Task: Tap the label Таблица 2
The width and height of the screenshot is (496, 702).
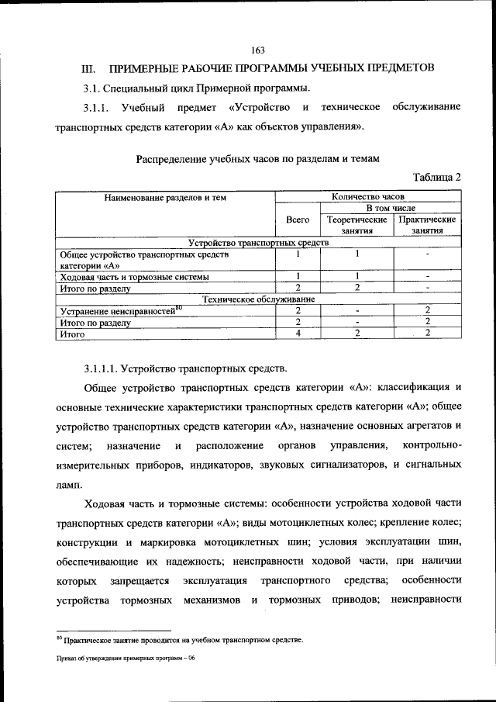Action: (x=437, y=177)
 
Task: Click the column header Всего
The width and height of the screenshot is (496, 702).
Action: (x=298, y=220)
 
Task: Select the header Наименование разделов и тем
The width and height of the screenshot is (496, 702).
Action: (x=165, y=198)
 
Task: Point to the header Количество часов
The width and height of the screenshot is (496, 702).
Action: (x=367, y=198)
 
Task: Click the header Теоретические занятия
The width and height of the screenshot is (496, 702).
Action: (x=357, y=225)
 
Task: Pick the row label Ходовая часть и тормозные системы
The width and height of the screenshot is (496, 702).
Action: (x=134, y=276)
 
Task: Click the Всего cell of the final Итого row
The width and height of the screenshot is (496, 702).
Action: (x=298, y=334)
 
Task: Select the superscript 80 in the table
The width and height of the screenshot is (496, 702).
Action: (x=178, y=307)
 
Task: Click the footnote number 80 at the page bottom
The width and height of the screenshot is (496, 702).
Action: (x=58, y=638)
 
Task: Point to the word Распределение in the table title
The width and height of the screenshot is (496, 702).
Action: (x=171, y=159)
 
